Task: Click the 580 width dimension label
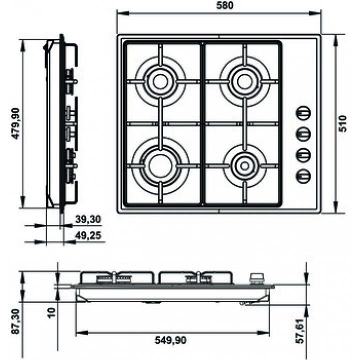224,5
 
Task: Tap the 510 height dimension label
342,123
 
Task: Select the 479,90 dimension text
16,123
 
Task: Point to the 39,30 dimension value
88,219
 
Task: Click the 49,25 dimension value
88,235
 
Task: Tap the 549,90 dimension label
170,340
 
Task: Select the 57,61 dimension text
299,331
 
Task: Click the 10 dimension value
52,312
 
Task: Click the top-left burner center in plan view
160,81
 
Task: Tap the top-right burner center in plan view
245,81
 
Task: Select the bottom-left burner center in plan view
160,166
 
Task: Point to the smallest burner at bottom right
245,166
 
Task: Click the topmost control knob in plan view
303,112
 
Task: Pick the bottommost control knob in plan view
303,176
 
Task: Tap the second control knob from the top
303,134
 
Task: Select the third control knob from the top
303,155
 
